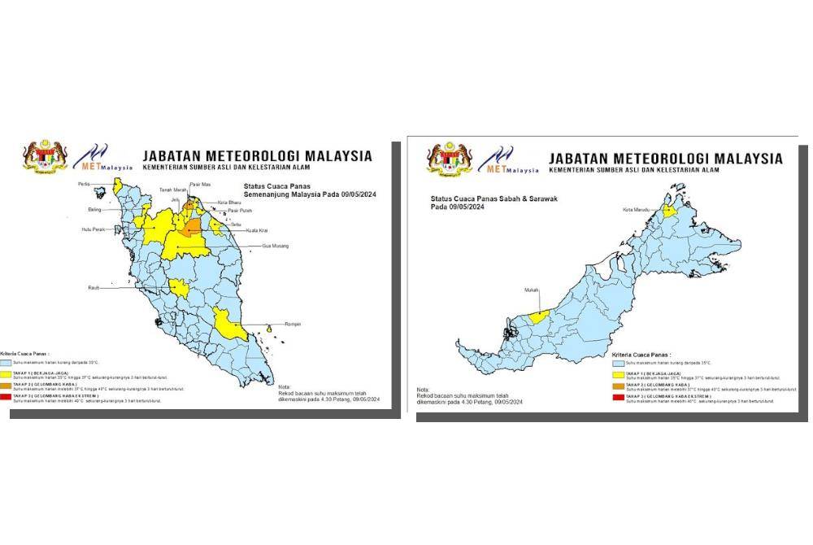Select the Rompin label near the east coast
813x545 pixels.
click(292, 324)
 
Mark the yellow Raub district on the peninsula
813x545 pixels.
click(178, 288)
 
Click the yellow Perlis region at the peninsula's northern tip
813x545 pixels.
click(116, 187)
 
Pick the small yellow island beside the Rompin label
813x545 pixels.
click(269, 328)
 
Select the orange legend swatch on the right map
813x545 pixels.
click(617, 387)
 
